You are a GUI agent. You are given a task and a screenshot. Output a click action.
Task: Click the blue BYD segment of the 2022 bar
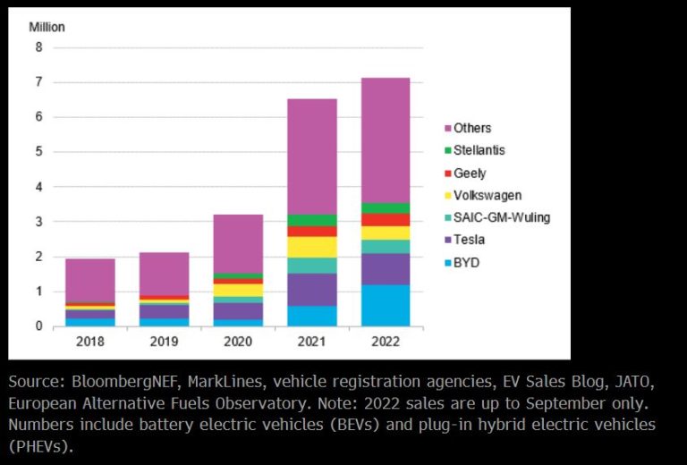pyautogui.click(x=386, y=305)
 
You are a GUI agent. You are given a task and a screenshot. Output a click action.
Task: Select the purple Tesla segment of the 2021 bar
pyautogui.click(x=311, y=290)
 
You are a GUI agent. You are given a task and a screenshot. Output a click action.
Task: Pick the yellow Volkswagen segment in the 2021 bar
pyautogui.click(x=311, y=247)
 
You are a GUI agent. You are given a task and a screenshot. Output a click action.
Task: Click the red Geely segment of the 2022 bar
pyautogui.click(x=386, y=220)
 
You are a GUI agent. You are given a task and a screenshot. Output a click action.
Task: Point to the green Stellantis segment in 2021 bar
pyautogui.click(x=311, y=220)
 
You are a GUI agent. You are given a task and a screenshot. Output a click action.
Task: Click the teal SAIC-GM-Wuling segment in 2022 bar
pyautogui.click(x=386, y=247)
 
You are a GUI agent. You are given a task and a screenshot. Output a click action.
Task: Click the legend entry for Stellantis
pyautogui.click(x=479, y=151)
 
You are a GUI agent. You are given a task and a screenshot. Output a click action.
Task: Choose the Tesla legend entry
pyautogui.click(x=471, y=241)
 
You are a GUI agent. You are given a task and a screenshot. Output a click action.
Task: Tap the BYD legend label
pyautogui.click(x=465, y=263)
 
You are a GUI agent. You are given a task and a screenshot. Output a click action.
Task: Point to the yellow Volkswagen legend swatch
pyautogui.click(x=445, y=196)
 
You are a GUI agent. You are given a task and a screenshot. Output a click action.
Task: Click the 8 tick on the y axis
pyautogui.click(x=38, y=47)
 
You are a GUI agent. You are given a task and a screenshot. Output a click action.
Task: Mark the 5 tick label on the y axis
pyautogui.click(x=38, y=152)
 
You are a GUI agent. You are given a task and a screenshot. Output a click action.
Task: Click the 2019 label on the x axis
pyautogui.click(x=164, y=342)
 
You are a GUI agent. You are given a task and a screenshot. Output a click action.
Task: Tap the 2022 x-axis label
pyautogui.click(x=386, y=342)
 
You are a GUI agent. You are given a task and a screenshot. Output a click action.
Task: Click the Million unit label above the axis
pyautogui.click(x=47, y=27)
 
